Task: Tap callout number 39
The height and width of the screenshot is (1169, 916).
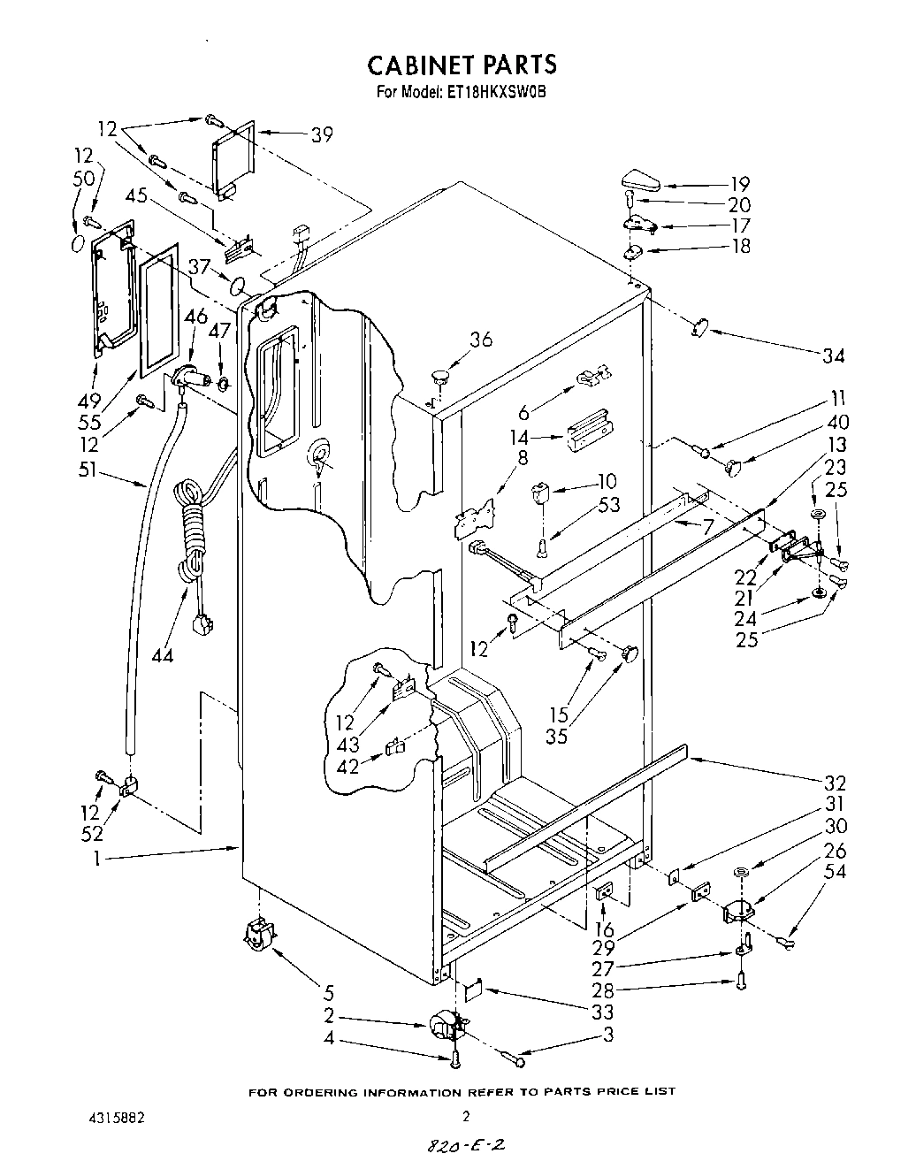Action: pyautogui.click(x=321, y=134)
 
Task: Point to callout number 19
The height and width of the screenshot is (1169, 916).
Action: pyautogui.click(x=739, y=184)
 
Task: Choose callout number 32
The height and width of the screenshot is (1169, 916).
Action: pyautogui.click(x=835, y=783)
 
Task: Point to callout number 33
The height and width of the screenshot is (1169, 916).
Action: pyautogui.click(x=605, y=1012)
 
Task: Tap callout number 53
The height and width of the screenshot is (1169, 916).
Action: pyautogui.click(x=608, y=505)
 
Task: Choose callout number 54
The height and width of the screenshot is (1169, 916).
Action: pyautogui.click(x=835, y=873)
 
